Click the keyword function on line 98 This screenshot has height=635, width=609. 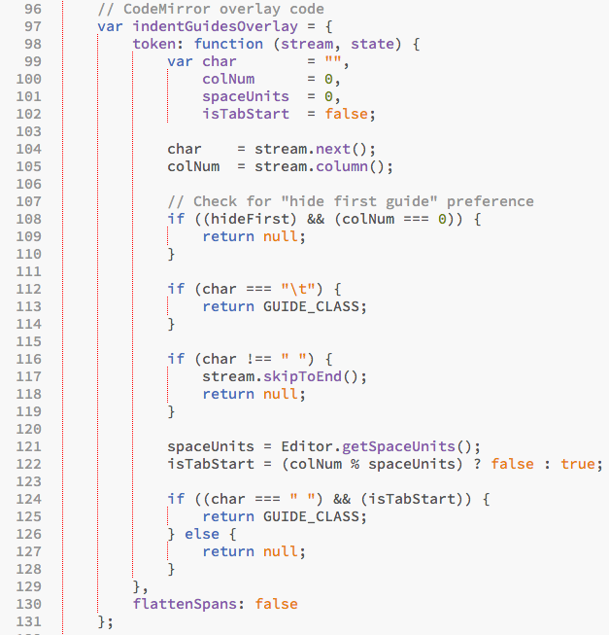[x=228, y=44]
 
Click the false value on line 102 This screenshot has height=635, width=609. [x=347, y=114]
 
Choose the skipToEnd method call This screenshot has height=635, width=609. [x=303, y=376]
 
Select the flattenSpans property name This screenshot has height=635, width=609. [x=189, y=604]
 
